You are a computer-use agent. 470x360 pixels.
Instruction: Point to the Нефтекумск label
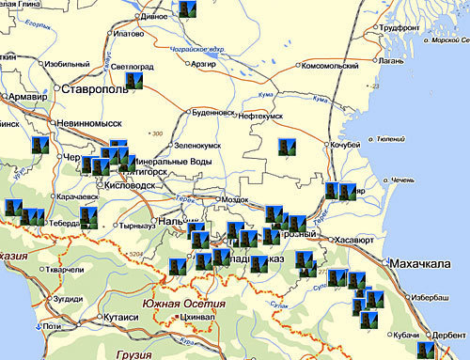click(x=264, y=114)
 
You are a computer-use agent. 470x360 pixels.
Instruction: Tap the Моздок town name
click(x=233, y=200)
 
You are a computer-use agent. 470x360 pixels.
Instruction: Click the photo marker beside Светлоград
click(x=134, y=81)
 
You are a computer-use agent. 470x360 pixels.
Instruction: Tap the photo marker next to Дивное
click(x=186, y=11)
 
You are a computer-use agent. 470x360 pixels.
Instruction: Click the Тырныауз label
click(x=138, y=227)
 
